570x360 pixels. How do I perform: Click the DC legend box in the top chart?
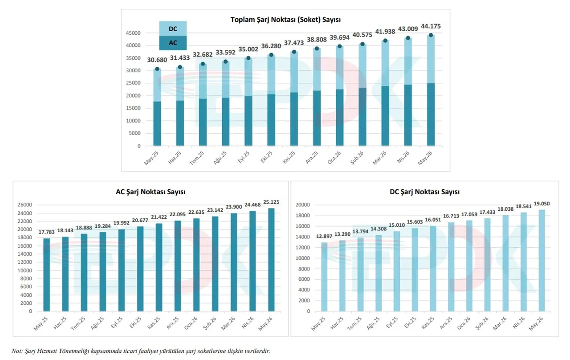[173, 29]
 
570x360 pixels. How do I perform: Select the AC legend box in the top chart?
[173, 43]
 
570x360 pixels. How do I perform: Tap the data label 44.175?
[431, 26]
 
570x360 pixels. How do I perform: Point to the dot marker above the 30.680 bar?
[157, 69]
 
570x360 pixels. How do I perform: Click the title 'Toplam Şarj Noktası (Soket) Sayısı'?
[285, 20]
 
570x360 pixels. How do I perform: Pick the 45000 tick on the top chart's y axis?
[133, 33]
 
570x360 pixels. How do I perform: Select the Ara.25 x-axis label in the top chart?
[311, 158]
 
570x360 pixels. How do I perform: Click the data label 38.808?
[317, 40]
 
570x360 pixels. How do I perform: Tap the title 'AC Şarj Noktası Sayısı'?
[151, 192]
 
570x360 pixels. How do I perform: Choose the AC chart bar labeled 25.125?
[271, 260]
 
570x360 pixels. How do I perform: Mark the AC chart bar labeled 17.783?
[47, 275]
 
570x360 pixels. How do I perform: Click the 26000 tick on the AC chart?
[24, 205]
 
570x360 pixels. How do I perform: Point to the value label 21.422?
[159, 217]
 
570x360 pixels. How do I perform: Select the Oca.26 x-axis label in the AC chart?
[191, 323]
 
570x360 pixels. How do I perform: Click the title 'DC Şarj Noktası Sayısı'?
[424, 192]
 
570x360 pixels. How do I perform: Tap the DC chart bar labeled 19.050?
[542, 261]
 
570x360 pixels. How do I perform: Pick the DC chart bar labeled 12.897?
[324, 277]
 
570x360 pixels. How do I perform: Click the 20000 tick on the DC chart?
[303, 205]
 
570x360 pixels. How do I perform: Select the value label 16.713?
[451, 216]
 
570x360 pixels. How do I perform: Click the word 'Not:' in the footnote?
[17, 351]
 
